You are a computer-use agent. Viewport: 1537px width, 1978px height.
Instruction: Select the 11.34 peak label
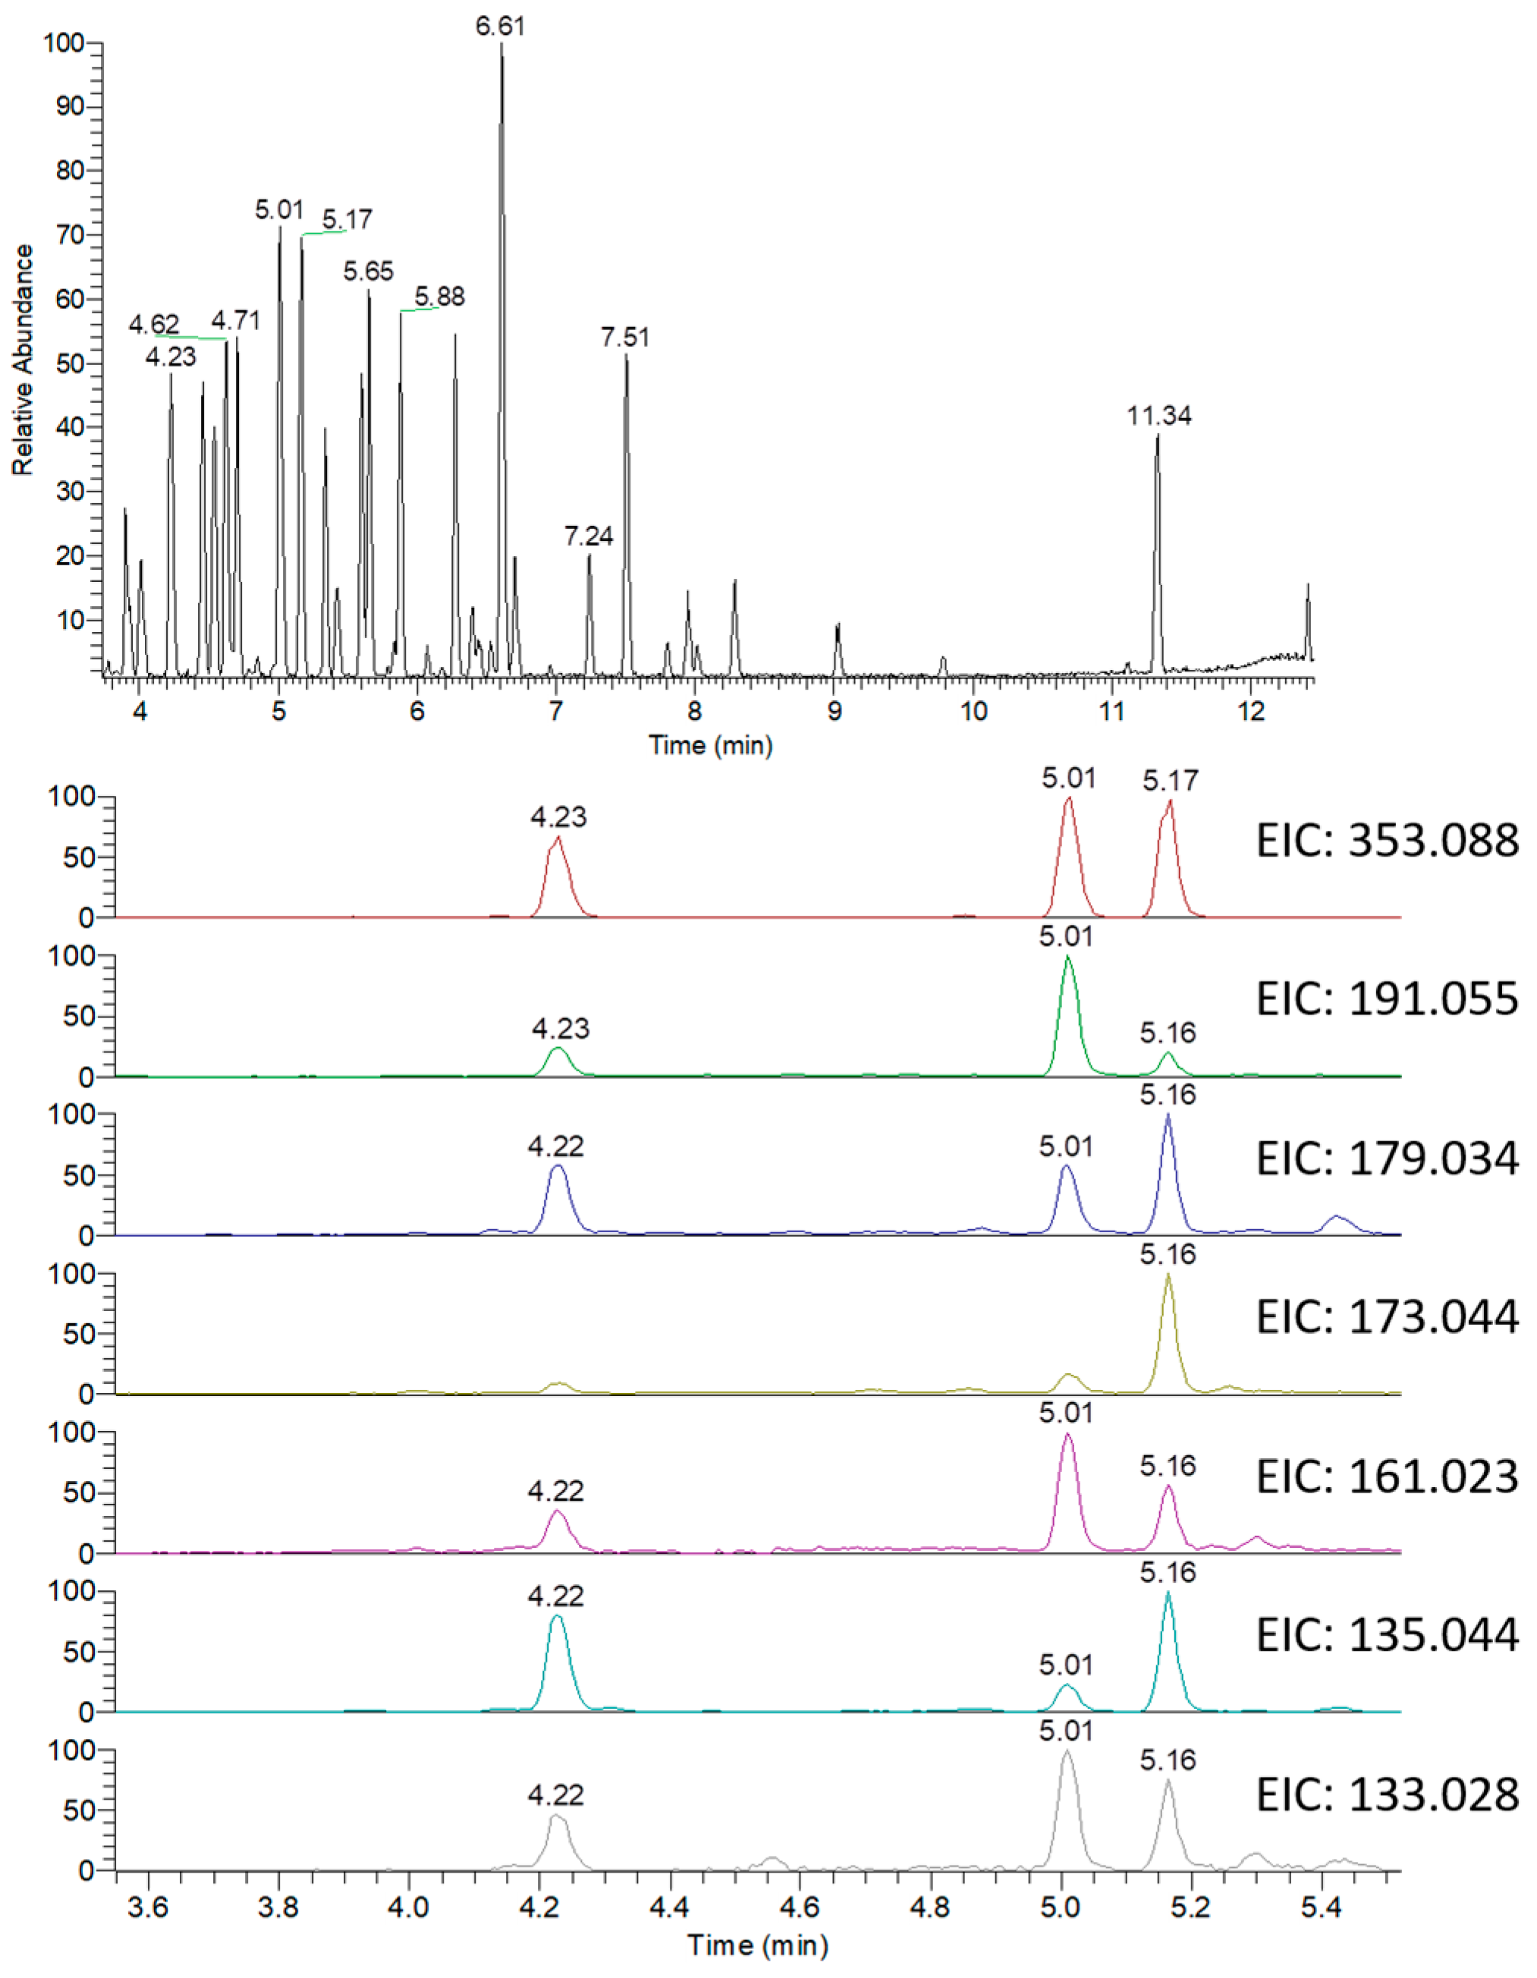tap(1158, 417)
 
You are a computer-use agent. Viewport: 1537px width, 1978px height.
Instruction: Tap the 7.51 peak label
tap(625, 338)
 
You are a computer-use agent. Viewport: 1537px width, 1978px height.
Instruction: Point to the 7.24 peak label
tap(589, 537)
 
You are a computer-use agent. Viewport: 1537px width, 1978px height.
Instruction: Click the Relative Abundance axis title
tap(23, 360)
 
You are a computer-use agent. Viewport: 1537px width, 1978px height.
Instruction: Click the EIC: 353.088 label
tap(1387, 841)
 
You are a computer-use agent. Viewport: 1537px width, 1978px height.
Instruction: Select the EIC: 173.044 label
tap(1387, 1317)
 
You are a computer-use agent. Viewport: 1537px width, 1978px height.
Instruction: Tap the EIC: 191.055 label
tap(1387, 999)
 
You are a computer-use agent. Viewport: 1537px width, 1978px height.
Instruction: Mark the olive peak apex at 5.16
tap(1168, 1275)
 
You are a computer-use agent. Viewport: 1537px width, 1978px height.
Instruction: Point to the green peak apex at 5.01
tap(1068, 958)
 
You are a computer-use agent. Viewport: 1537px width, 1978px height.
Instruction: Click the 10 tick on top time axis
tap(973, 710)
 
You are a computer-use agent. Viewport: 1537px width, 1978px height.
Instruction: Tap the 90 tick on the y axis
tap(70, 107)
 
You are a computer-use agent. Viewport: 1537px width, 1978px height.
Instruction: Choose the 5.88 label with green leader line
tap(439, 297)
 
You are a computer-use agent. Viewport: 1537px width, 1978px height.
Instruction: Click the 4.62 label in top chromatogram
tap(154, 324)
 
